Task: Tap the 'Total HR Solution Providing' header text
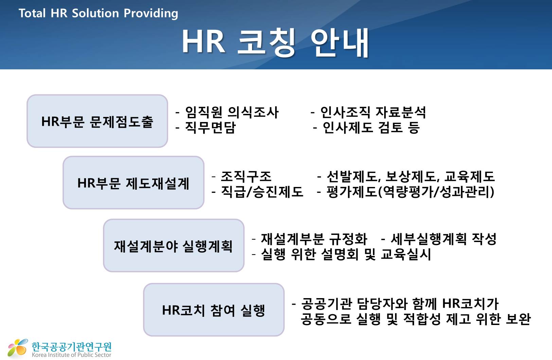click(x=98, y=13)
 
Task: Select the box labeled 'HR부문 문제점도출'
click(x=97, y=121)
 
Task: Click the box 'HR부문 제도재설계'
click(x=133, y=183)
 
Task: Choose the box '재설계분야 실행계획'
click(x=174, y=245)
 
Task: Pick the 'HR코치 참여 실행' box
click(x=214, y=310)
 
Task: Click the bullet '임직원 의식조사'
click(x=232, y=113)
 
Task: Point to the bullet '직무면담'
click(x=211, y=127)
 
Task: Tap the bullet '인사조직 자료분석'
click(x=373, y=113)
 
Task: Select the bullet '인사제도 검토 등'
click(x=371, y=127)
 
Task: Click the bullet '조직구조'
click(x=246, y=176)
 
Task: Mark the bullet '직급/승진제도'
click(x=262, y=192)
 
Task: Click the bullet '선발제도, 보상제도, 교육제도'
click(x=411, y=176)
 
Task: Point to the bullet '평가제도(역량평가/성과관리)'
click(x=411, y=192)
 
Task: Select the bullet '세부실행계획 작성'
click(x=444, y=239)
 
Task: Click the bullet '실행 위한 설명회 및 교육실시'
click(x=346, y=255)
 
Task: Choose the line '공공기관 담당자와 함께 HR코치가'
click(x=400, y=304)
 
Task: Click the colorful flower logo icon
click(x=18, y=348)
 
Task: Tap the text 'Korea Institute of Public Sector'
click(x=71, y=355)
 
